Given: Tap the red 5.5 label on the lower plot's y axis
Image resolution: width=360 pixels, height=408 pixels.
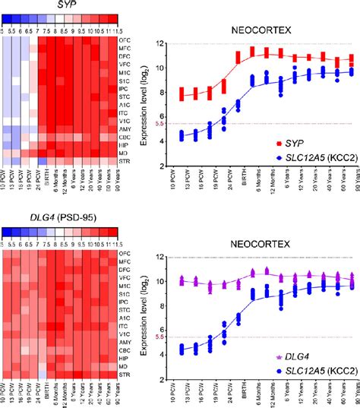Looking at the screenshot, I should (158, 337).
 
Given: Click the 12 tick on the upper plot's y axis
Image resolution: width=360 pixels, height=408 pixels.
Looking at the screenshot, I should (157, 44).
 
